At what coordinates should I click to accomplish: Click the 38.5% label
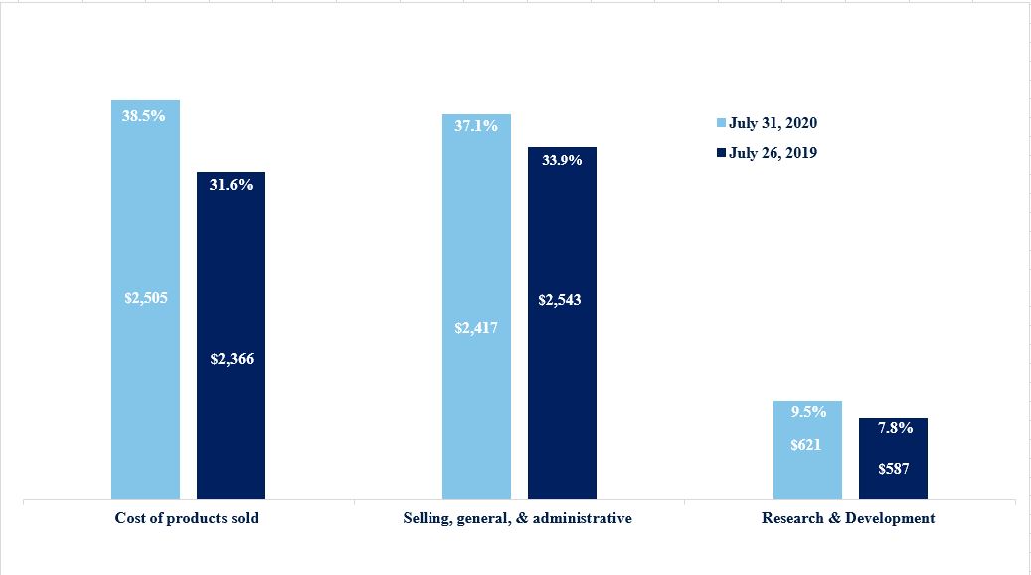[144, 115]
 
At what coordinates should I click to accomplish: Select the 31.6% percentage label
[231, 185]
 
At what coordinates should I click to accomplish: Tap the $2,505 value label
[145, 297]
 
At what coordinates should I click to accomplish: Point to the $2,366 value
[232, 359]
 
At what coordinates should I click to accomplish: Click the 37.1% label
[476, 126]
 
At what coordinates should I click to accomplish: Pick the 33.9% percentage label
[562, 160]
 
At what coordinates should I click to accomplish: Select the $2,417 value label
[476, 328]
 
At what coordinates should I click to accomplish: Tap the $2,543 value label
[562, 299]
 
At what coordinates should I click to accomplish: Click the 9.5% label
[808, 412]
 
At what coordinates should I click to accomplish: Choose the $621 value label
[805, 445]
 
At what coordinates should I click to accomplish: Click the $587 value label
[893, 468]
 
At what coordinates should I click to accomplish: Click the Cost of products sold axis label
[187, 518]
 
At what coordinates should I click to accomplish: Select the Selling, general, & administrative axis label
[517, 518]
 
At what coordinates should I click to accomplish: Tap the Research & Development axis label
[848, 518]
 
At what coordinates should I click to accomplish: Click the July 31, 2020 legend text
[773, 123]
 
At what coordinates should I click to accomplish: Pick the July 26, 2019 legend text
[773, 153]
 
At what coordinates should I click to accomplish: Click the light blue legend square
[721, 123]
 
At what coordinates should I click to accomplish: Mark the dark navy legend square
[721, 153]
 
